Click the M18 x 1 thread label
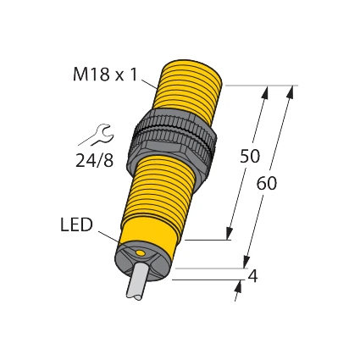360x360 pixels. click(x=103, y=75)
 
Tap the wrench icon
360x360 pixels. click(x=97, y=135)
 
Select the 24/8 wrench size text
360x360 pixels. click(x=94, y=160)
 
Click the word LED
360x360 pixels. click(x=76, y=225)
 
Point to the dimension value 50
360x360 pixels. click(x=249, y=157)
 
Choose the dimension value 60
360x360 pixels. click(x=266, y=183)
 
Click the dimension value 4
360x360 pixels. click(x=252, y=276)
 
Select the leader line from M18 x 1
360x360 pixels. click(x=149, y=82)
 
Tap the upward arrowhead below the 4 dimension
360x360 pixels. click(x=238, y=287)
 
